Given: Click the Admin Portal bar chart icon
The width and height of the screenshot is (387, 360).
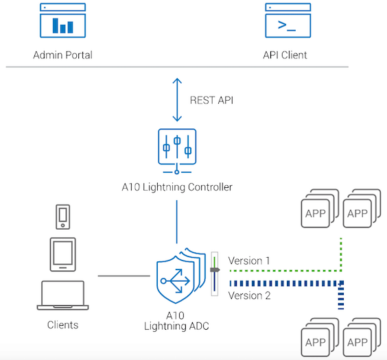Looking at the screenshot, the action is click(x=62, y=21).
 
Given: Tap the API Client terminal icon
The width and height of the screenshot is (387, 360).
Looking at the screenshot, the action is click(x=288, y=21).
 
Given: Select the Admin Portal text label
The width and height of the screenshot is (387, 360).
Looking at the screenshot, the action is click(x=62, y=55).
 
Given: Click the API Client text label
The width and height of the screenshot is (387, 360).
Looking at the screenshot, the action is click(x=285, y=55).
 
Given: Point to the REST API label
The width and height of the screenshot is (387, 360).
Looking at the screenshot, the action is click(x=211, y=100).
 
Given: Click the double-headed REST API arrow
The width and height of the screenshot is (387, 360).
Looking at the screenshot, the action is click(x=177, y=100).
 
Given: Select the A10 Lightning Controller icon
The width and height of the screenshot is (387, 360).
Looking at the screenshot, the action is click(x=177, y=151).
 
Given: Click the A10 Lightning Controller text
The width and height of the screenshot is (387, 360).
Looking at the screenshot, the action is click(x=177, y=187).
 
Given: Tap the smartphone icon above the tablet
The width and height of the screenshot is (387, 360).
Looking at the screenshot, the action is click(x=62, y=217).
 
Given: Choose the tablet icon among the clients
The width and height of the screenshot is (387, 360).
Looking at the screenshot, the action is click(x=62, y=254).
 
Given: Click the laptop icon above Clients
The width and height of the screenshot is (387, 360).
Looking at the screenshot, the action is click(x=62, y=295).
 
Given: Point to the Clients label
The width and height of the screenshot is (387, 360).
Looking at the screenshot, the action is click(x=62, y=325).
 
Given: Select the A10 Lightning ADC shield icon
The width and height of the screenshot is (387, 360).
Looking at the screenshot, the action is click(x=181, y=276).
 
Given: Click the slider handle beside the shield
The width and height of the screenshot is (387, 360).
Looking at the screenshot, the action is click(x=215, y=269).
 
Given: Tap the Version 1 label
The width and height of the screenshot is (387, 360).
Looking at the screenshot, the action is click(x=249, y=261).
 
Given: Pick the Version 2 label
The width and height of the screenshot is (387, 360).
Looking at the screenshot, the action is click(x=249, y=296).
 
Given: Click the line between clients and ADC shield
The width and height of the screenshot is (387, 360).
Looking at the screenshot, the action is click(x=124, y=276).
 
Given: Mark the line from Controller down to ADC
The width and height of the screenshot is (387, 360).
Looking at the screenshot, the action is click(x=177, y=221).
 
